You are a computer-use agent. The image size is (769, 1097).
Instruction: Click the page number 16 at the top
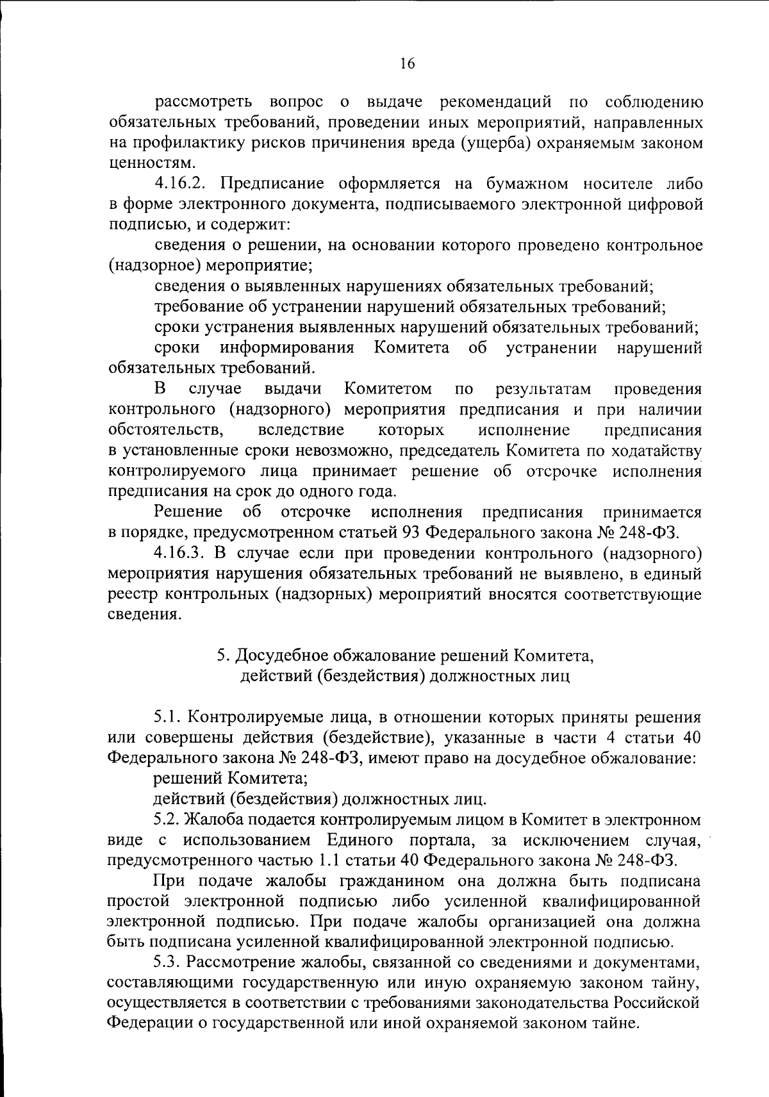pyautogui.click(x=408, y=63)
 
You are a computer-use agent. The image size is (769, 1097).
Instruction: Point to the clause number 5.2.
pyautogui.click(x=168, y=820)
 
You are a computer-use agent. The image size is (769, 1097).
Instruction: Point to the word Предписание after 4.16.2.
pyautogui.click(x=275, y=185)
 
